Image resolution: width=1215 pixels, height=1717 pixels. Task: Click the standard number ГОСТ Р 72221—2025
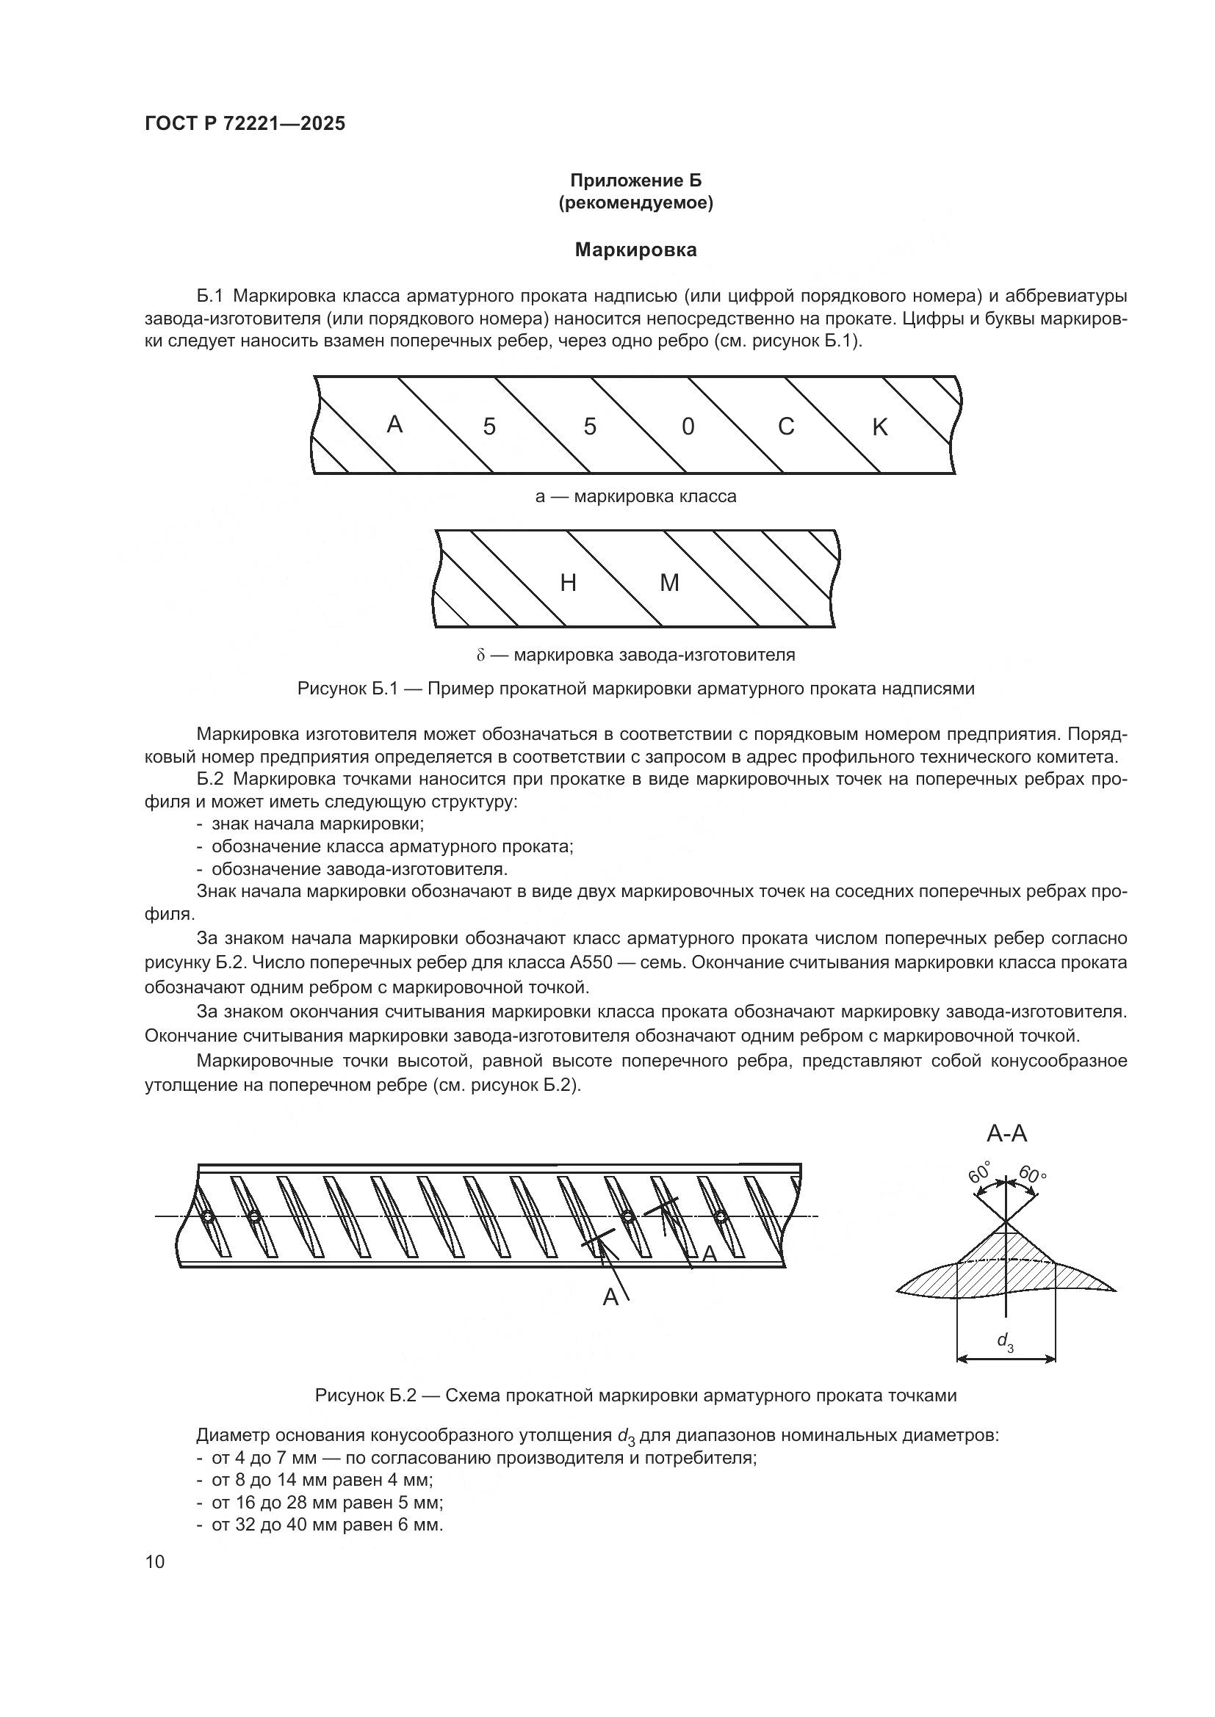(245, 124)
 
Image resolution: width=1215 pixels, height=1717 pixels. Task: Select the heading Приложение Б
(636, 181)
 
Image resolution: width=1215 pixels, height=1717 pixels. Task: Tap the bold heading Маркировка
(636, 250)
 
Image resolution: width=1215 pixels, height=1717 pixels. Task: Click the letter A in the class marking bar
(394, 425)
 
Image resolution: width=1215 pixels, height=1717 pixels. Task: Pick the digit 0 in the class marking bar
(688, 427)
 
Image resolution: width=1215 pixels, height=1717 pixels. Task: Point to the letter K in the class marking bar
(880, 427)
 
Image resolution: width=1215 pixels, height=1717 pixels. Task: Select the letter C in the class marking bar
(785, 426)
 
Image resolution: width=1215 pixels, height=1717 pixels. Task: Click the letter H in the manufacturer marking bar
(568, 583)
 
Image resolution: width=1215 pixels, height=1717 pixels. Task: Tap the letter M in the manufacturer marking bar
(669, 583)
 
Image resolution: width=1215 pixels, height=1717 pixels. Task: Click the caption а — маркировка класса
(636, 496)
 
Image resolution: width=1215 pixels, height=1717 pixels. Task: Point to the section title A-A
(1007, 1133)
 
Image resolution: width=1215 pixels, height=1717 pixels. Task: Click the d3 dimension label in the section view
(1005, 1341)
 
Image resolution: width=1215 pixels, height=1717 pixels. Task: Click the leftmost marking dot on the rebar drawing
(208, 1217)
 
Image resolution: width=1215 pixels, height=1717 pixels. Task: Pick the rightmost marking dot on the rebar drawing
(721, 1217)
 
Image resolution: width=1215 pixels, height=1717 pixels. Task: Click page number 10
(155, 1562)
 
